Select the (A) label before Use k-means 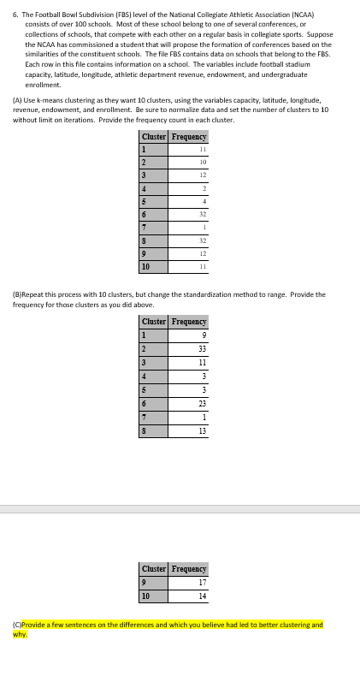point(17,101)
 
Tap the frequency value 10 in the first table point(202,160)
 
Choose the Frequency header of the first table point(189,137)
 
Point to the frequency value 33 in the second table point(202,348)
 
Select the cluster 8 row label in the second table point(145,430)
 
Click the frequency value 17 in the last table point(202,582)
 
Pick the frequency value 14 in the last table point(202,596)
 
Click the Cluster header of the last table point(154,568)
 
